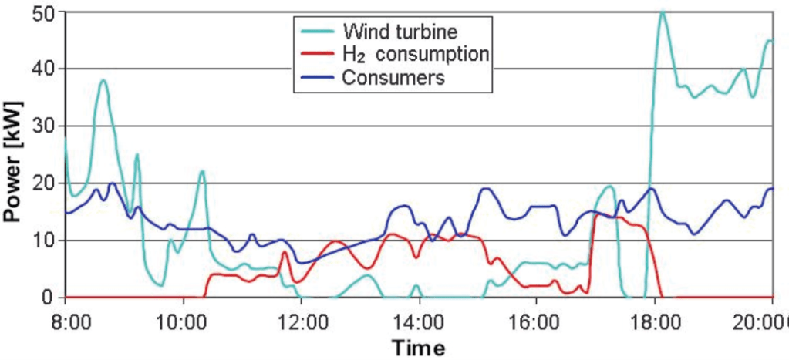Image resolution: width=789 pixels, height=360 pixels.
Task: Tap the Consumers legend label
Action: coord(385,77)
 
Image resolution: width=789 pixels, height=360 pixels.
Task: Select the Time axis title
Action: coord(419,347)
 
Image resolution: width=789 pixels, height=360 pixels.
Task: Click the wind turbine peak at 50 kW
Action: coord(662,12)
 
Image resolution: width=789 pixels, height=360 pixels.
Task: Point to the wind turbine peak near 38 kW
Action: coord(103,80)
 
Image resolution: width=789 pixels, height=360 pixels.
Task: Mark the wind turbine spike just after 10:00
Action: coord(202,172)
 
